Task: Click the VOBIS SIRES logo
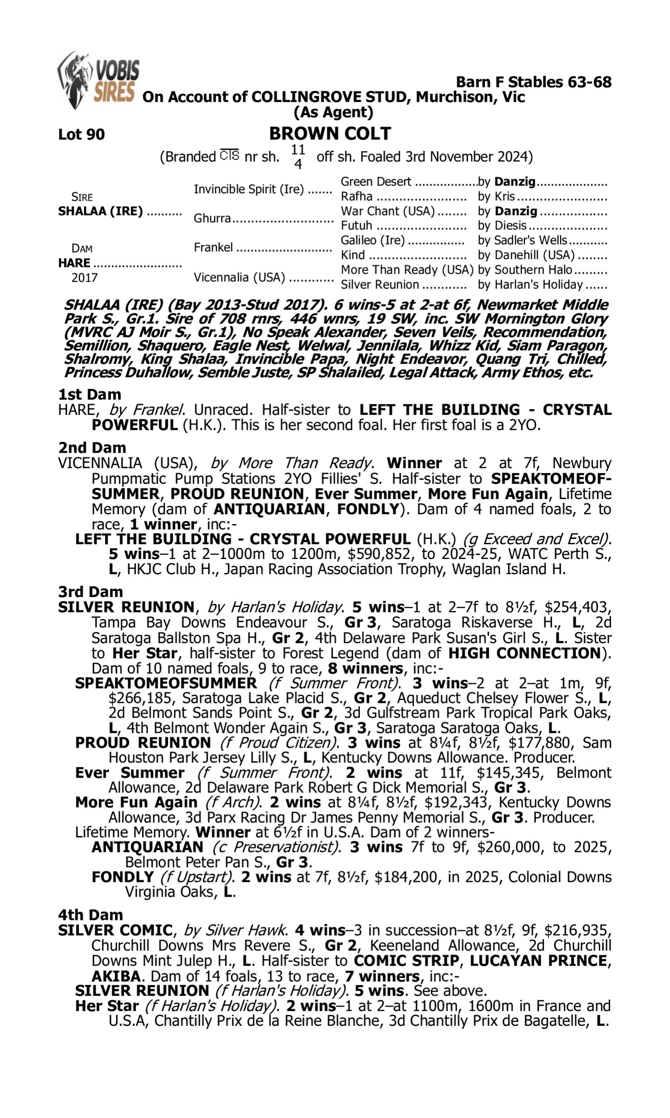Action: pos(98,80)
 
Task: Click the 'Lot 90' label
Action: pos(81,134)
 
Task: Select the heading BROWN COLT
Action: pos(330,134)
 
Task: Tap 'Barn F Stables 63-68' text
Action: pos(534,82)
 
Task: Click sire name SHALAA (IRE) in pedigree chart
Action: pos(100,211)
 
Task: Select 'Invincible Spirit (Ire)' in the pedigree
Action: pos(249,189)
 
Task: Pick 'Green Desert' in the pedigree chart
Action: pos(376,182)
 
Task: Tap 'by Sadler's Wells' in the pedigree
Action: pos(522,240)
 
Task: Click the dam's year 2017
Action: pos(84,277)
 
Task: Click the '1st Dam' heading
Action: pos(90,394)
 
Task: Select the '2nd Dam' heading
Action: pos(92,447)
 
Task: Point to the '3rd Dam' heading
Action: pos(91,592)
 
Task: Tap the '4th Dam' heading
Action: pos(91,915)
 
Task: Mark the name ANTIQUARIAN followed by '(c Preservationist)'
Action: pos(147,847)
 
